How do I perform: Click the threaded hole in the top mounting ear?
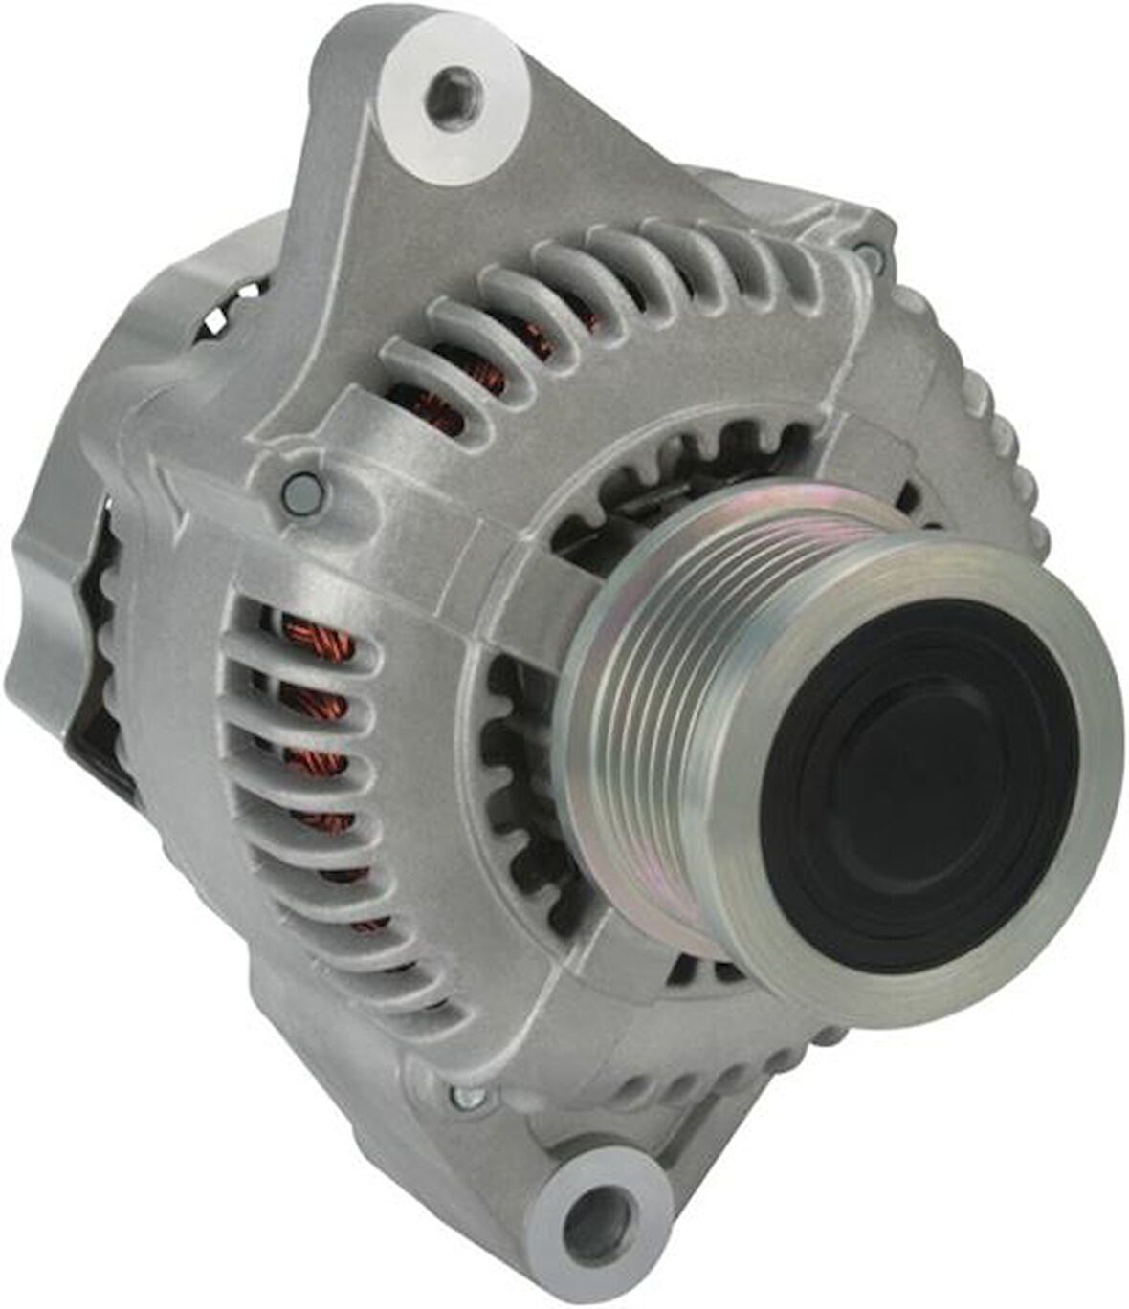pos(454,96)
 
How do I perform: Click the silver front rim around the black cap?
pos(1091,765)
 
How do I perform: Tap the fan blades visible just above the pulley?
pos(708,459)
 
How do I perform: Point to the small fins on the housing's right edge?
pos(995,421)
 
